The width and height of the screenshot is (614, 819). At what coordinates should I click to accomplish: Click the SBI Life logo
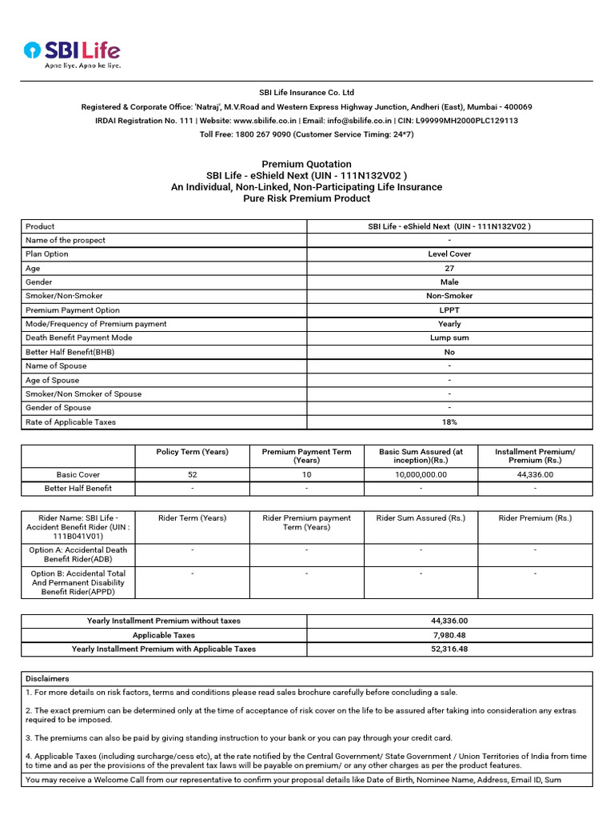coord(72,54)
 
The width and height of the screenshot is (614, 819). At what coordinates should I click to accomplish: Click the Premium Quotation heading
coord(306,164)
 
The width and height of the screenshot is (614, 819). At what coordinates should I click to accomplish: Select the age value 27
coord(449,268)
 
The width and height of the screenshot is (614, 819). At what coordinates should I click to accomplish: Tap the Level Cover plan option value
coord(449,254)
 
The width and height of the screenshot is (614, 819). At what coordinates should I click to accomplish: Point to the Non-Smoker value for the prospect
coord(449,296)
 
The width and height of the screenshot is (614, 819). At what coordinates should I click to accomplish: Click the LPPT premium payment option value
coord(449,310)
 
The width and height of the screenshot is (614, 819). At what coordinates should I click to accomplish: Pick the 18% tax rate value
coord(449,422)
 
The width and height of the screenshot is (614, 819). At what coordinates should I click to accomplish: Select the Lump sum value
coord(449,338)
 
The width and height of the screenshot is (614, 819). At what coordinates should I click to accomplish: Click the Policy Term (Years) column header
coord(193,452)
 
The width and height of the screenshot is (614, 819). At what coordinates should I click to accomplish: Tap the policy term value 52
coord(193,474)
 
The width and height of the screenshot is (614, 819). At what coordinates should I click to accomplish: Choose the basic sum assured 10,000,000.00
coord(421,474)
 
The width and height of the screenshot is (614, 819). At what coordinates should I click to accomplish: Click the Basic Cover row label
coord(78,474)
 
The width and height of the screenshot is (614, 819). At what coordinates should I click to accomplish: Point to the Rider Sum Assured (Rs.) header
coord(421,518)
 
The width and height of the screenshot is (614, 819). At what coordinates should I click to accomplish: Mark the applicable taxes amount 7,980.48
coord(449,635)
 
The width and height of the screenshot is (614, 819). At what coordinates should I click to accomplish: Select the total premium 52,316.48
coord(449,649)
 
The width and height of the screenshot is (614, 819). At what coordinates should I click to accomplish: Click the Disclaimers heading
coord(47,678)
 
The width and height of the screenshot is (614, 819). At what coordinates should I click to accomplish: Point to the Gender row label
coord(39,282)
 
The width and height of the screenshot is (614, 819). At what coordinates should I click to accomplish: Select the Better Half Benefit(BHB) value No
coord(449,352)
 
